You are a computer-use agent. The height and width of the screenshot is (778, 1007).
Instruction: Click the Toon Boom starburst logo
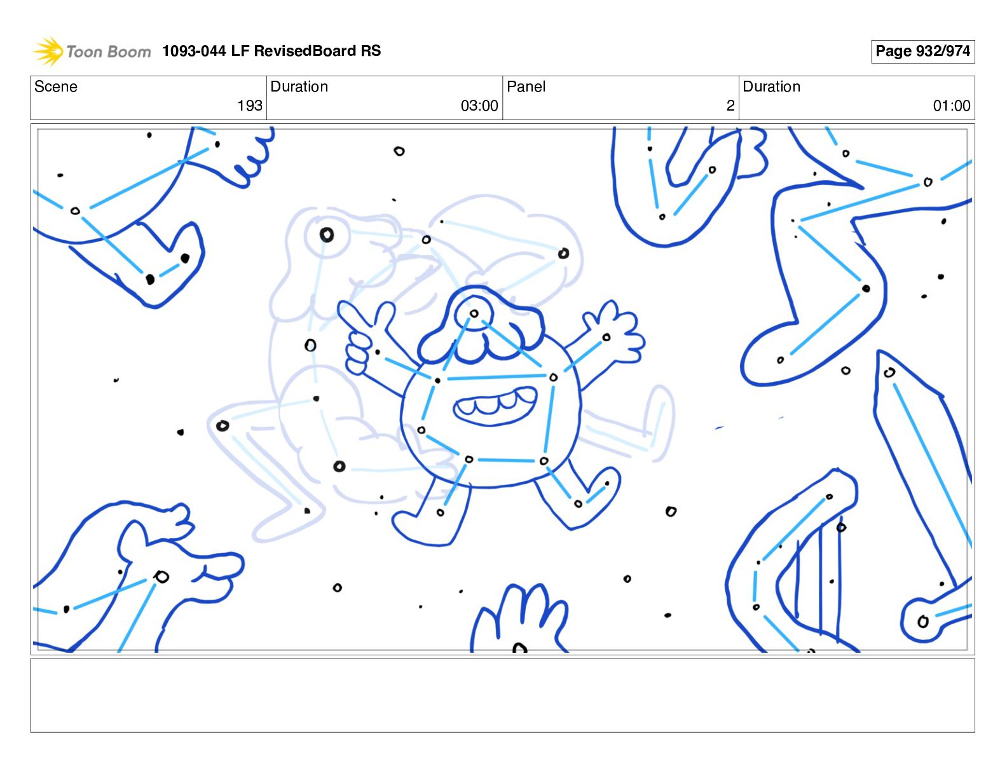coord(48,51)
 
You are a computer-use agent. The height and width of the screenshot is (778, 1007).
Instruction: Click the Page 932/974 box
coord(922,51)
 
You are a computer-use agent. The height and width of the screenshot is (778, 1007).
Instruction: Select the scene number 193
coord(250,106)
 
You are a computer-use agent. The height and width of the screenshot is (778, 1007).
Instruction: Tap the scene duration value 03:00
coord(479,106)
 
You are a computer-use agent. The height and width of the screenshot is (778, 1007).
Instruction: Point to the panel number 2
coord(730,106)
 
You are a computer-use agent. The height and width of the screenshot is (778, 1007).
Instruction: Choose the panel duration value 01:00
coord(952,106)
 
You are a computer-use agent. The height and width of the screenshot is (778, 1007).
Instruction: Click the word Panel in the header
coord(526,86)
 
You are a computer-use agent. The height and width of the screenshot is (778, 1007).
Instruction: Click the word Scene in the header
coord(55,86)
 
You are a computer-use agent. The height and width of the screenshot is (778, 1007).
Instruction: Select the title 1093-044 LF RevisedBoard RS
coord(271,50)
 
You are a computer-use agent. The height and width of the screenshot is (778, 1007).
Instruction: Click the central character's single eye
coord(474,314)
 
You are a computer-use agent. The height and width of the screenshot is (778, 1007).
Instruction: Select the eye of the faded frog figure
coord(326,235)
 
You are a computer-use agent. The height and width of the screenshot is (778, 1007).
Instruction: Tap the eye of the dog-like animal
coord(161,577)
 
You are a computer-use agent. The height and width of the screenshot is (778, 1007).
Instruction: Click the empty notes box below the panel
coord(503,695)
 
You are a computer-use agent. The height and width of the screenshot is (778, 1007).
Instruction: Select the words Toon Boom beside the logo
coord(109,51)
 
